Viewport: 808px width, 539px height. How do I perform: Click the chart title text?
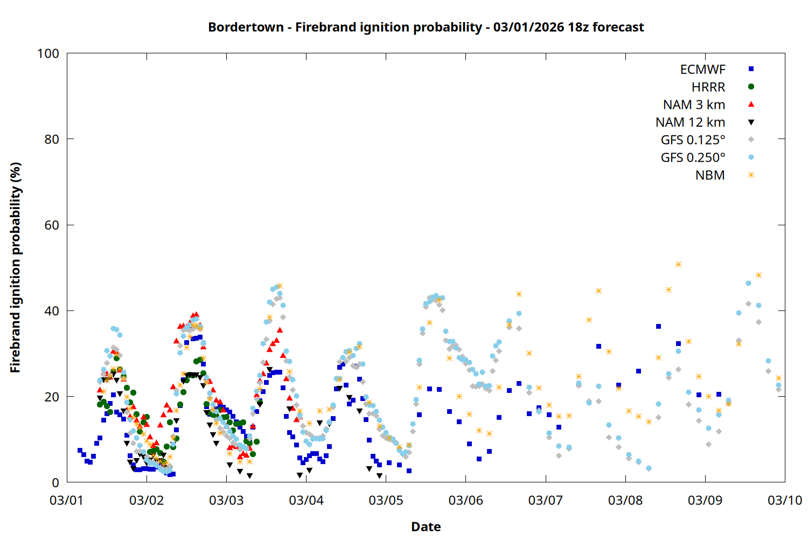coord(426,27)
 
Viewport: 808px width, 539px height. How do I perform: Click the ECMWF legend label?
coord(702,70)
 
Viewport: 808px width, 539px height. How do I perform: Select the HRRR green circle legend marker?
coord(751,87)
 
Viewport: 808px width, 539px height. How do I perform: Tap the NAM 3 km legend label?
coord(694,105)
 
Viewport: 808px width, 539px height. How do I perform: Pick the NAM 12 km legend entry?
coord(690,122)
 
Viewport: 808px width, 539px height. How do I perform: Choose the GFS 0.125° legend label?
coord(693,140)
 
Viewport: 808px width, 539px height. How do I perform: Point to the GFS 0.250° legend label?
coord(693,158)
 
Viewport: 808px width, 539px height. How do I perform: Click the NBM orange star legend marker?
coord(751,175)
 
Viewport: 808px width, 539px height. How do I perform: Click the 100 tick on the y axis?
coord(48,53)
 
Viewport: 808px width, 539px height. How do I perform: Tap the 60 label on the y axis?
coord(52,225)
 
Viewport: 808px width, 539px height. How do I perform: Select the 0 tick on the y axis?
coord(55,483)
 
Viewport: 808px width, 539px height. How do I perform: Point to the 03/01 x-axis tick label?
coord(66,501)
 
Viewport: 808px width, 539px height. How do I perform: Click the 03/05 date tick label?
coord(386,501)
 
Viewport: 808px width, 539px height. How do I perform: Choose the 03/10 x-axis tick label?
coord(784,501)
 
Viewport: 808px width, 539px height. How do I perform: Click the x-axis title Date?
coord(426,527)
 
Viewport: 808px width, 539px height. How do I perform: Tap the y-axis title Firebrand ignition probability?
coord(15,267)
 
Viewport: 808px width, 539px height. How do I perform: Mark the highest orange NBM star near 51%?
coord(678,264)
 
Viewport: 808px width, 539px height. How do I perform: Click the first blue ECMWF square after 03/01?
coord(80,450)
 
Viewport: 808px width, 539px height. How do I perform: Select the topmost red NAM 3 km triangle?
coord(196,314)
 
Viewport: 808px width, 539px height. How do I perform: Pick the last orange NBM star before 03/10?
coord(778,378)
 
